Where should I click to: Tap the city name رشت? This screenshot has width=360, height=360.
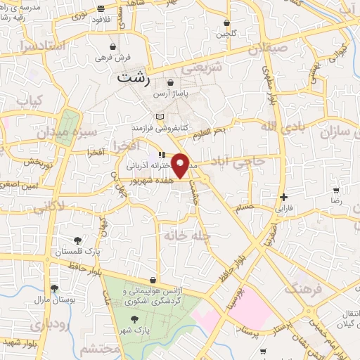click(x=134, y=78)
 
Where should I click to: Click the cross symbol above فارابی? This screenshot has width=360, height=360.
click(x=283, y=198)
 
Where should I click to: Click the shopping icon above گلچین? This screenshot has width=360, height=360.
click(x=226, y=22)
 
